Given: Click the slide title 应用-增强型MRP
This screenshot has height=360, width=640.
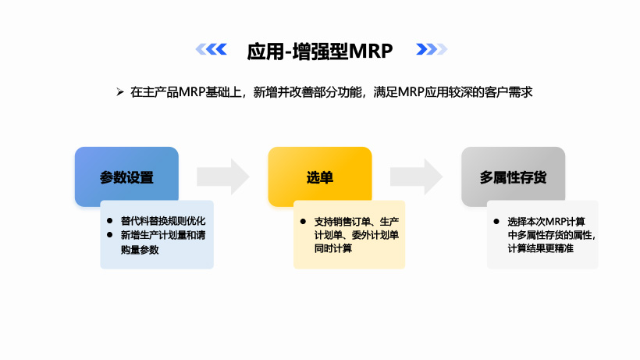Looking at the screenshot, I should click(319, 51).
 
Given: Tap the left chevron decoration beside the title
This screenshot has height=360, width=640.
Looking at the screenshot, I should click(211, 50).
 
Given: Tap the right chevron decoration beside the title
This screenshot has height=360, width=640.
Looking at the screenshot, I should click(431, 50).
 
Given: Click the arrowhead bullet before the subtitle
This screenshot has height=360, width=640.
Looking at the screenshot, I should click(120, 92).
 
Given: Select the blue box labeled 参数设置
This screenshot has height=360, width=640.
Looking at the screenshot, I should click(126, 177).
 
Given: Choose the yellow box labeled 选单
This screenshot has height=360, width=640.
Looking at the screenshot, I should click(320, 177).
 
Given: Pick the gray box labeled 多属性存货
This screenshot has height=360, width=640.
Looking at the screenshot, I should click(513, 177).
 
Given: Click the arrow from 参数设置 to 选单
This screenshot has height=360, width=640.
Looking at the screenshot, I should click(222, 176).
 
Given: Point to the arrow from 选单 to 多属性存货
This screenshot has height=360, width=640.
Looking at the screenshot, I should click(416, 176).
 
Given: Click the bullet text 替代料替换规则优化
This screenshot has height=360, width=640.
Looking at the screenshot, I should click(162, 220).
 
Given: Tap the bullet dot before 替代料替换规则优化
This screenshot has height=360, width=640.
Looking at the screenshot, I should click(110, 220).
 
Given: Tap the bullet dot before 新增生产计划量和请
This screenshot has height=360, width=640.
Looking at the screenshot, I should click(110, 234).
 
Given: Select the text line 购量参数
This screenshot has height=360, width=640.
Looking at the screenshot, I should click(139, 249).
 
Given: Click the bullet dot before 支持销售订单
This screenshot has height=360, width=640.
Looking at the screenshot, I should click(304, 220).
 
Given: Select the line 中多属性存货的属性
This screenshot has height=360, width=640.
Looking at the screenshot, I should click(551, 234).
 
